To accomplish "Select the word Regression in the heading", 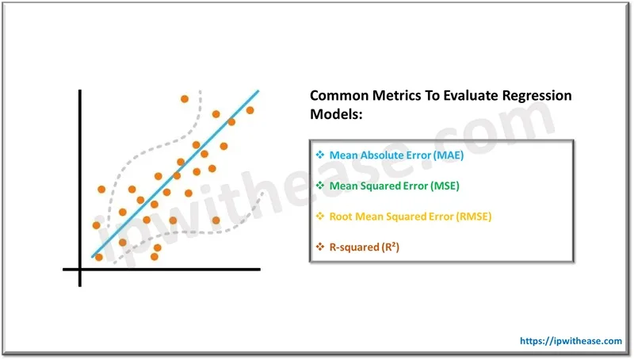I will pos(533,96).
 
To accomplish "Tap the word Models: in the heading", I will pos(335,115).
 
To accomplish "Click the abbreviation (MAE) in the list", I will pos(448,155).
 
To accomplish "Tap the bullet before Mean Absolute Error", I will pos(320,155).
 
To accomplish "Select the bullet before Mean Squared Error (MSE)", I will pos(320,186).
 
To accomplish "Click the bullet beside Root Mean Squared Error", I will pos(320,216).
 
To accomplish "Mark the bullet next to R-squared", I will pos(320,247).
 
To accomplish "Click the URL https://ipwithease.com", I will pos(571,340).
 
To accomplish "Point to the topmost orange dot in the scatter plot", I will pos(184,99).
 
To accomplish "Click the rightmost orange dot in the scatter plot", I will pos(250,110).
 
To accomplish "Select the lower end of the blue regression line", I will pos(93,257).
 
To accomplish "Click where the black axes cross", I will pos(80,270).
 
